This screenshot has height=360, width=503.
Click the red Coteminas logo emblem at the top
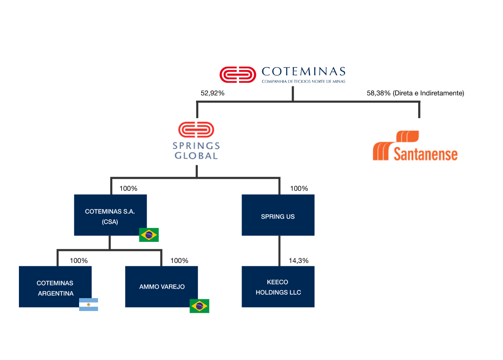point(236,74)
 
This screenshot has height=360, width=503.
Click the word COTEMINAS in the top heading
point(303,71)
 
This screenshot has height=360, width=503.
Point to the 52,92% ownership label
point(212,93)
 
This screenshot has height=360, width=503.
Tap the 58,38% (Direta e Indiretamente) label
point(415,93)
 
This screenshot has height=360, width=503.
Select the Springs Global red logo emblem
point(196,131)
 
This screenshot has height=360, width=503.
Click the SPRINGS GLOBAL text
point(196,151)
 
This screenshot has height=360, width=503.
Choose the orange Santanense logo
point(415,146)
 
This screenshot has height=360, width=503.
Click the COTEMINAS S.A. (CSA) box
point(110,215)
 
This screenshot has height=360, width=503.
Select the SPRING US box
point(278,215)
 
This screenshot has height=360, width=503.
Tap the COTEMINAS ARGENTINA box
point(55,287)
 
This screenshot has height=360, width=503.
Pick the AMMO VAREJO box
point(162,287)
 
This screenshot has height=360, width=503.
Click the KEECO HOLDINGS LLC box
point(278,287)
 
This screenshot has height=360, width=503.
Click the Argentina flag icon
point(89,304)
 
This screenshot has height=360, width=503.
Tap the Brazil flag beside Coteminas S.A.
point(149,235)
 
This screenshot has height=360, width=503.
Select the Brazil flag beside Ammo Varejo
point(199,306)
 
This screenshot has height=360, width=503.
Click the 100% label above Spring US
point(299,188)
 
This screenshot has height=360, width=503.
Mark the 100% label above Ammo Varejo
point(179,260)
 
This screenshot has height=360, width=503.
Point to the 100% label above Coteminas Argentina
point(79,260)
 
